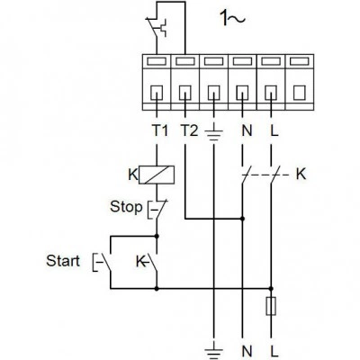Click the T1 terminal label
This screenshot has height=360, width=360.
[x=159, y=130]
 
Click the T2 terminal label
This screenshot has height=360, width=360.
[x=189, y=130]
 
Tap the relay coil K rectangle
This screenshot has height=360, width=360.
[x=157, y=175]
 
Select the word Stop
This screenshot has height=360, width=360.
[x=126, y=207]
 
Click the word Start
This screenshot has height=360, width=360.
[x=63, y=261]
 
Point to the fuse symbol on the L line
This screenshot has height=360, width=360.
[x=271, y=306]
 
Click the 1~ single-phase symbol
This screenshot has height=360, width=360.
[x=233, y=18]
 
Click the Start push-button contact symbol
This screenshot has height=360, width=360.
[x=103, y=263]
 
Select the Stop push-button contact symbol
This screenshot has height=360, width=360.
[x=157, y=210]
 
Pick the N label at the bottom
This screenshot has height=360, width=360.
[x=247, y=351]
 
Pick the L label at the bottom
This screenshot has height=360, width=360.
[x=274, y=351]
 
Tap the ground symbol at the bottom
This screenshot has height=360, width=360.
[x=213, y=353]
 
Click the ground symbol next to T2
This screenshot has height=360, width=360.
[x=213, y=134]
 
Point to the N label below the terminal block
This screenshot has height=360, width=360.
[x=247, y=130]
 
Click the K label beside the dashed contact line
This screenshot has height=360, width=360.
[x=301, y=174]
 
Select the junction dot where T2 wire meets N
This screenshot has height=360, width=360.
[x=242, y=219]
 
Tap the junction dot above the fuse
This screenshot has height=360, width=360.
[x=271, y=289]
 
